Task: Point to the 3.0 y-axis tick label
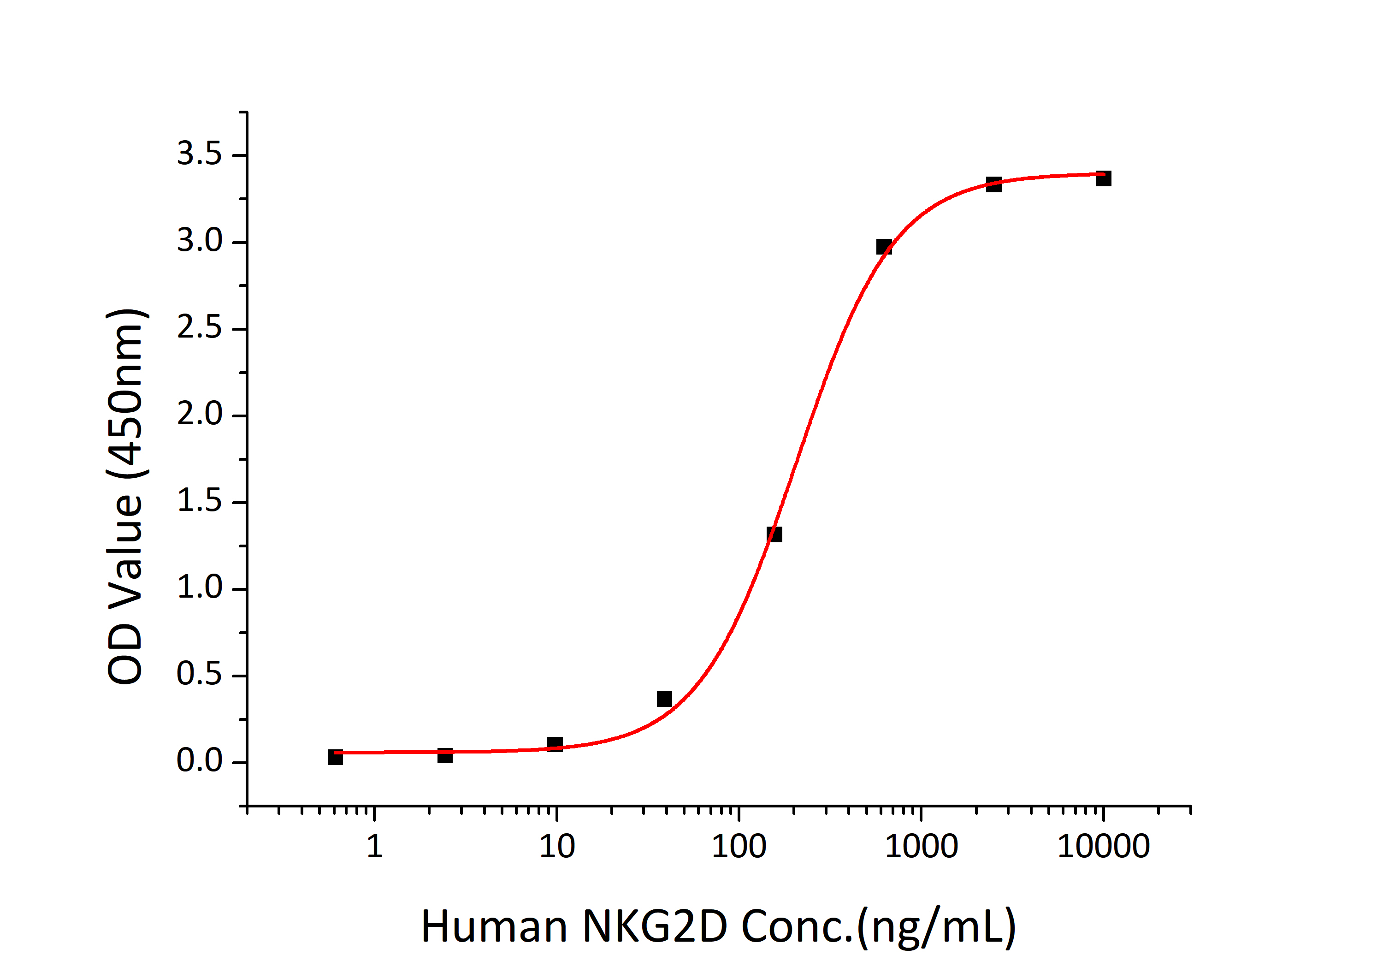(199, 241)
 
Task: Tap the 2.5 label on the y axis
(199, 328)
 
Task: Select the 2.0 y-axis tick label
(199, 415)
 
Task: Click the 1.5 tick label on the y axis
(199, 501)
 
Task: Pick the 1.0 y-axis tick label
(199, 588)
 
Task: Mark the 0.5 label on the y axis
(199, 674)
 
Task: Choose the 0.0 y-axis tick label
(199, 761)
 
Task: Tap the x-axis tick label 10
(556, 847)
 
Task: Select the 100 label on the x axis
(739, 847)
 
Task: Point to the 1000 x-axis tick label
(921, 847)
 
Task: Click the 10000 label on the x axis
(1104, 847)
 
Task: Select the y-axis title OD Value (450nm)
(125, 497)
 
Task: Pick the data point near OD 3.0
(884, 246)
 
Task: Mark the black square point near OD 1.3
(774, 534)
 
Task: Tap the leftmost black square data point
(336, 757)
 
